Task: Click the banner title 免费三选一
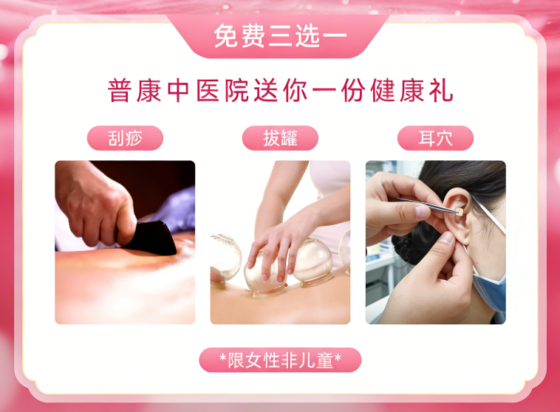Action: pyautogui.click(x=280, y=35)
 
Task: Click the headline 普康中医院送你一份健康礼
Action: pyautogui.click(x=280, y=91)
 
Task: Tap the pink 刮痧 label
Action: pyautogui.click(x=125, y=138)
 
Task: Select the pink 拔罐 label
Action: pyautogui.click(x=280, y=138)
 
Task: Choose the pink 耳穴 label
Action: pyautogui.click(x=435, y=138)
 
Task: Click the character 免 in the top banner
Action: pyautogui.click(x=225, y=35)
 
